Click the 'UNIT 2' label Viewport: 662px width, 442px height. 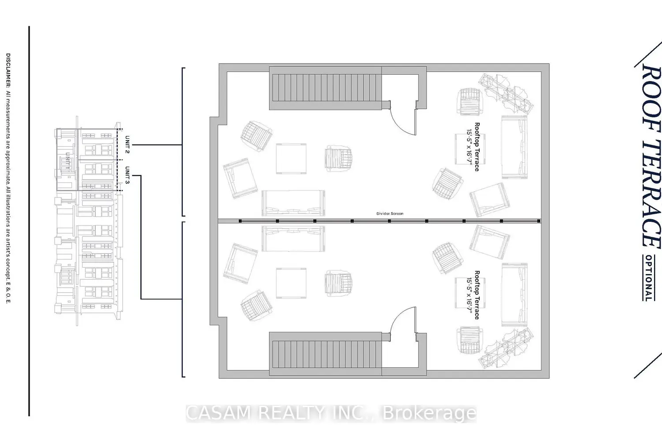[x=127, y=145]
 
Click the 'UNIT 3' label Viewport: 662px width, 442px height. [x=127, y=175]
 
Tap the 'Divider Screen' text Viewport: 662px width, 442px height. [x=390, y=214]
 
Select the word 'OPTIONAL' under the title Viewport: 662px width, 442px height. [x=648, y=278]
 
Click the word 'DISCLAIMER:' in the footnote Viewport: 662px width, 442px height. [x=8, y=71]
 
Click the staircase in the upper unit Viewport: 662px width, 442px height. [x=326, y=88]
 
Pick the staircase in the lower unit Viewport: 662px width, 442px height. [x=326, y=354]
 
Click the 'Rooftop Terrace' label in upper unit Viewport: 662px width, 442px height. [x=477, y=147]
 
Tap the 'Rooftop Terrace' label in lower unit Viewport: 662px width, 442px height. [x=477, y=295]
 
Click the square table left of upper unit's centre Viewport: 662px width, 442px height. [x=291, y=159]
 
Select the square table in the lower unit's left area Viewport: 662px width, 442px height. [x=291, y=283]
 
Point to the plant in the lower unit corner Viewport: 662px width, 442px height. [x=505, y=349]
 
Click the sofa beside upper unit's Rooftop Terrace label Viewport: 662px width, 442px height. [x=514, y=146]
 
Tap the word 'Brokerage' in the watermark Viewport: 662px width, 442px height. [x=429, y=414]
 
